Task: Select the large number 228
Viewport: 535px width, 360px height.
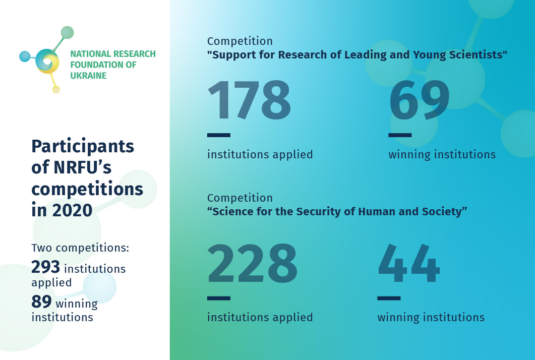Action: click(x=252, y=264)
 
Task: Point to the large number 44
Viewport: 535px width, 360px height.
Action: click(x=409, y=264)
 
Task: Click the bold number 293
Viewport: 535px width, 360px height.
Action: click(x=46, y=267)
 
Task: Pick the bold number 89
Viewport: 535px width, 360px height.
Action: click(x=41, y=302)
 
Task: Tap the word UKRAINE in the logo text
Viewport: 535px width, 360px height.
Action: click(x=88, y=76)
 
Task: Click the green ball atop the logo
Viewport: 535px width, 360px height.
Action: click(x=67, y=33)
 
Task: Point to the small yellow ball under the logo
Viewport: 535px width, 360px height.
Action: click(x=56, y=89)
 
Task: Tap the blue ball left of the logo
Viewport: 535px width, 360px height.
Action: click(x=25, y=56)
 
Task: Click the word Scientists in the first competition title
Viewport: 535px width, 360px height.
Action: click(x=475, y=55)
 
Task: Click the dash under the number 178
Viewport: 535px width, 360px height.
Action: click(x=218, y=135)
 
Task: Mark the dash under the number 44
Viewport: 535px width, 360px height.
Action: click(x=389, y=298)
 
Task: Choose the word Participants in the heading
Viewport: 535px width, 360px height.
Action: click(x=83, y=146)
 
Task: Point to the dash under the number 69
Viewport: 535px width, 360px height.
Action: click(x=399, y=135)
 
